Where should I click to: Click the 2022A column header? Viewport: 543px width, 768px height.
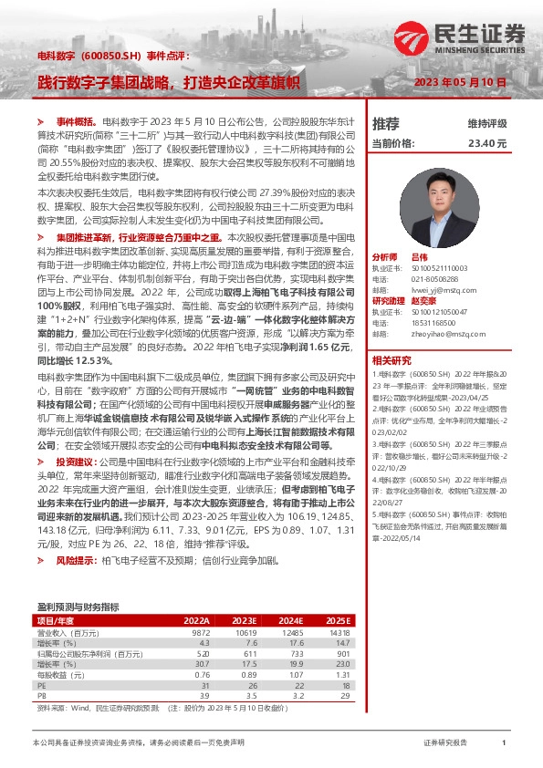(x=197, y=619)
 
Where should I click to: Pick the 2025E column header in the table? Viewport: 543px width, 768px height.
(x=339, y=619)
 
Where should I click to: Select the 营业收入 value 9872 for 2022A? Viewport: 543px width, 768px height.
(x=200, y=631)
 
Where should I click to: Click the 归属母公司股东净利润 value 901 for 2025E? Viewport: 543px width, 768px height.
(x=343, y=654)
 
